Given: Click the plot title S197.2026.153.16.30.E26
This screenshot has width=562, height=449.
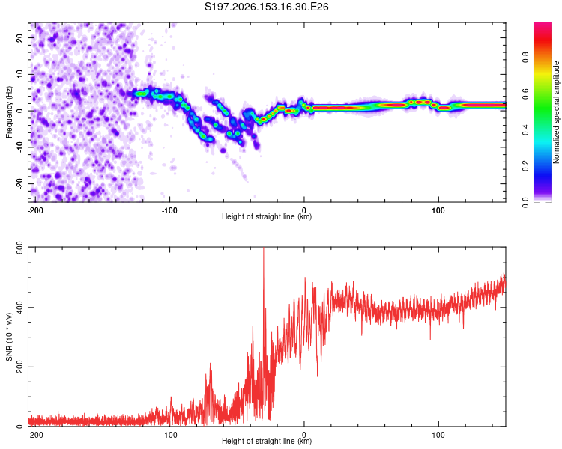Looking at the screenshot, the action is pos(266,7).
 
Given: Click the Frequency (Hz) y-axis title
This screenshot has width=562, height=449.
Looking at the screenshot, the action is pos(9,112).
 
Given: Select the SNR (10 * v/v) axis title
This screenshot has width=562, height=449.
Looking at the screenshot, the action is pos(9,337).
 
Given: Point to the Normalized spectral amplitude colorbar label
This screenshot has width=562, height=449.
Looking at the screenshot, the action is pos(556,112).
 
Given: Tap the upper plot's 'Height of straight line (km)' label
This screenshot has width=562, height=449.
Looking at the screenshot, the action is pos(267,216).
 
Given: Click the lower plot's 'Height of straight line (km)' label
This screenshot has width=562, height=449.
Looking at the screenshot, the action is pos(267,441).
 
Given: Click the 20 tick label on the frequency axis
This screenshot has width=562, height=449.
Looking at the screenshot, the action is pos(19,37).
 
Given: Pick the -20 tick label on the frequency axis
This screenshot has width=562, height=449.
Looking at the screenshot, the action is pos(19,184).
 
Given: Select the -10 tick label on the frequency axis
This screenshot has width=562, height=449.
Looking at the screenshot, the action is pos(19,147).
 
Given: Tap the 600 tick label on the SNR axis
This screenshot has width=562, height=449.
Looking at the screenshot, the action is pos(19,248).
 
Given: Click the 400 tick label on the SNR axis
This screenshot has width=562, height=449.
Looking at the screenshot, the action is pos(19,308).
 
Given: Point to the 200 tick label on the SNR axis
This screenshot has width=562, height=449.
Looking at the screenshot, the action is pos(19,367).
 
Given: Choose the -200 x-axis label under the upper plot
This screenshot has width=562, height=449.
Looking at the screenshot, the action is pos(35,210).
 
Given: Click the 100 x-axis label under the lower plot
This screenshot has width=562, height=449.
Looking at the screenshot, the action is pos(438,435).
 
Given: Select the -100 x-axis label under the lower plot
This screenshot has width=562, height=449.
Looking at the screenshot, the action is pos(169,435).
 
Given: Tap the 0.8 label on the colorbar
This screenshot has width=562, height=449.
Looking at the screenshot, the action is pos(525,58).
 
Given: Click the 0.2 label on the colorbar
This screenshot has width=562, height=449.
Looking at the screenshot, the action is pos(525,166).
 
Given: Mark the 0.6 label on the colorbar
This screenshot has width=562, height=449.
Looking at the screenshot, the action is pos(525,94).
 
